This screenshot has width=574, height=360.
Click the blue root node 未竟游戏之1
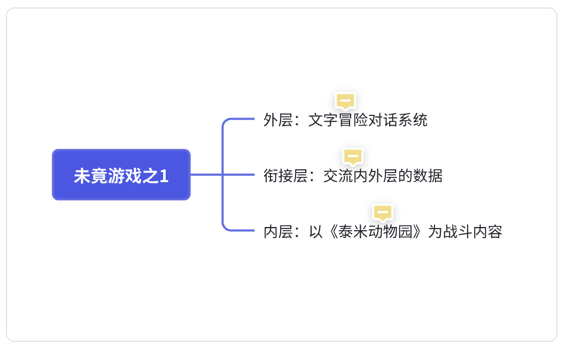(x=121, y=175)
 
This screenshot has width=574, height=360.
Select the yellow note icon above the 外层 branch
(x=345, y=100)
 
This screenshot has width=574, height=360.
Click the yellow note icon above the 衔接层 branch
(x=353, y=156)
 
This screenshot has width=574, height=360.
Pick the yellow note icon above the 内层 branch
(x=383, y=212)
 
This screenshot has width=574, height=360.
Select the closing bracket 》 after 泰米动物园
(x=420, y=232)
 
